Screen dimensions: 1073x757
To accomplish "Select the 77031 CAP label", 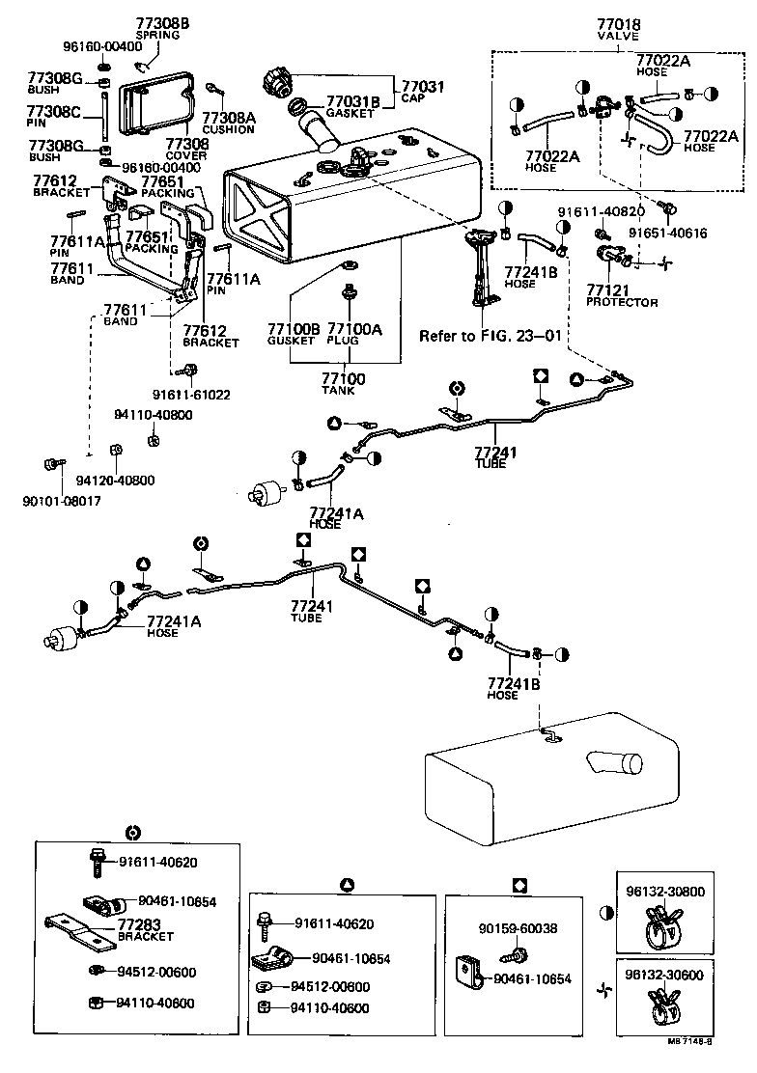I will (x=422, y=92).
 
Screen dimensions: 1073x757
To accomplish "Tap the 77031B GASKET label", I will (x=352, y=106).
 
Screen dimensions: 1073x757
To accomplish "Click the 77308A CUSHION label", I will (x=228, y=122).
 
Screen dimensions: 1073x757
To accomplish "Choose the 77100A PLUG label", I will (x=354, y=334).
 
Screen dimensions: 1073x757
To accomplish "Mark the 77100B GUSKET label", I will (x=292, y=334).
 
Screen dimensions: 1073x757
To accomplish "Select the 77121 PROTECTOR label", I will (x=621, y=295).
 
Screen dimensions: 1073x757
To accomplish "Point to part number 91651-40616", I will (x=668, y=233).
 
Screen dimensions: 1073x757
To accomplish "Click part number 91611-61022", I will (x=190, y=394).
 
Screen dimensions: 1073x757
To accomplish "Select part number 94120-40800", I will (x=115, y=480).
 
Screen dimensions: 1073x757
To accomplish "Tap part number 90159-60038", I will (x=517, y=929).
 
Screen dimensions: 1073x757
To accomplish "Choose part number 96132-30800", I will (x=672, y=893).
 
